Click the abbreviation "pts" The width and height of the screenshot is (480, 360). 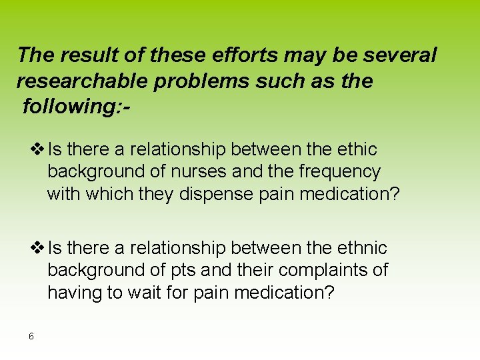click(x=182, y=271)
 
